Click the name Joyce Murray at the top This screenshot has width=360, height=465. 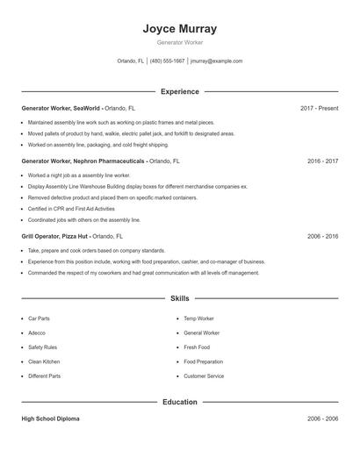(x=179, y=28)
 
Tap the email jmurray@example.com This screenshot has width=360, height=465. (x=216, y=61)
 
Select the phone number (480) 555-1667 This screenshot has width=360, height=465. (x=167, y=61)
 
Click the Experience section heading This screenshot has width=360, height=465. (x=179, y=91)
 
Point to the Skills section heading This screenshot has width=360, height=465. (x=179, y=299)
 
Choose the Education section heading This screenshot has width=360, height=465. (x=179, y=402)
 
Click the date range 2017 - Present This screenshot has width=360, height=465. (x=319, y=108)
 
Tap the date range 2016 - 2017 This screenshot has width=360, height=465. (x=322, y=161)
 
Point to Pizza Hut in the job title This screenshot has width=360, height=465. (x=74, y=236)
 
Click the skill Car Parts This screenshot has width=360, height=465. (x=39, y=318)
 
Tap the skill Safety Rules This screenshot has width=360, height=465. (x=41, y=347)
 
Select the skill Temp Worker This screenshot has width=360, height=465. (x=198, y=318)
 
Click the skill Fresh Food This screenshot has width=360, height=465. (x=197, y=347)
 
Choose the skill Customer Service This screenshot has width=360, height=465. (x=204, y=376)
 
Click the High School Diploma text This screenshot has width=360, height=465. (x=50, y=418)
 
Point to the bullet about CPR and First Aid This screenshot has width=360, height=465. (x=71, y=209)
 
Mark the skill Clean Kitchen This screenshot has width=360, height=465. (x=43, y=361)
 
